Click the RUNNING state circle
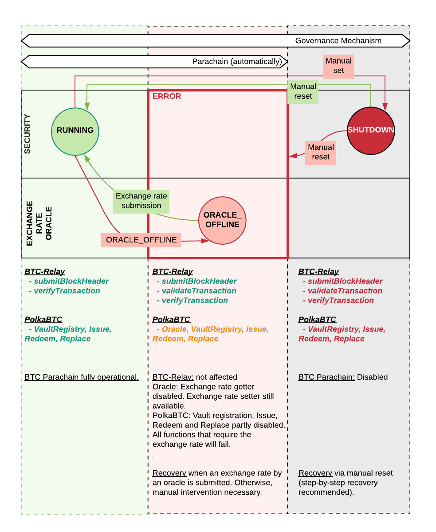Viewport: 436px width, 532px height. pyautogui.click(x=75, y=131)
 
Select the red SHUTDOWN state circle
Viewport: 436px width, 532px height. pyautogui.click(x=371, y=131)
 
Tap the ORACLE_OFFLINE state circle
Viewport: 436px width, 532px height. pyautogui.click(x=222, y=220)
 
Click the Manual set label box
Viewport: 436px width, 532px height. pyautogui.click(x=338, y=66)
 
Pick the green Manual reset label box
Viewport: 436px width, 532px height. pyautogui.click(x=303, y=91)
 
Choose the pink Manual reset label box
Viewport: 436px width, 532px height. pyautogui.click(x=321, y=152)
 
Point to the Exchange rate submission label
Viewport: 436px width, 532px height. pyautogui.click(x=141, y=201)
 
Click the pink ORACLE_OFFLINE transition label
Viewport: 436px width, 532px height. pyautogui.click(x=141, y=240)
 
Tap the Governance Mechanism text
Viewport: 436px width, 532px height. pyautogui.click(x=338, y=41)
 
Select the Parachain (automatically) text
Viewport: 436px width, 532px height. pyautogui.click(x=237, y=62)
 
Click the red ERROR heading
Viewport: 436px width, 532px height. pyautogui.click(x=167, y=96)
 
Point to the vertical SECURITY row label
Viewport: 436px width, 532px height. pyautogui.click(x=27, y=134)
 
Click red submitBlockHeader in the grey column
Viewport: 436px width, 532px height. pyautogui.click(x=345, y=281)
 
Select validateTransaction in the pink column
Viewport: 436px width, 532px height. pyautogui.click(x=199, y=291)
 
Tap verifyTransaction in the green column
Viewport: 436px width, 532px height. pyautogui.click(x=67, y=291)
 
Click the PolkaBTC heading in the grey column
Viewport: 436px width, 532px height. pyautogui.click(x=317, y=319)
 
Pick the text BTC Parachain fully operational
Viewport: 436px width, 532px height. pyautogui.click(x=82, y=377)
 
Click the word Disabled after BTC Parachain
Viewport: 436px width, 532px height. pyautogui.click(x=373, y=377)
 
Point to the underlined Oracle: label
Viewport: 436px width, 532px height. pyautogui.click(x=165, y=387)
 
